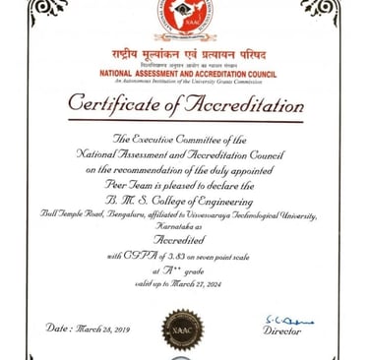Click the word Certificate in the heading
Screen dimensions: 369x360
[116, 103]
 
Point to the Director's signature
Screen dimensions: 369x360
[289, 321]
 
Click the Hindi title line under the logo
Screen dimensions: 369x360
[185, 53]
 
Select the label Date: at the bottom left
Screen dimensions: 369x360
[57, 327]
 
